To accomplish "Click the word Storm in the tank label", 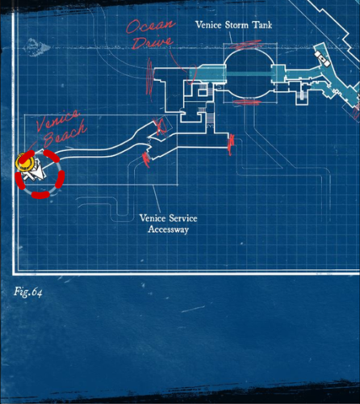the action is pyautogui.click(x=237, y=25).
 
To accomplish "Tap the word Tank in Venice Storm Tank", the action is pyautogui.click(x=262, y=25).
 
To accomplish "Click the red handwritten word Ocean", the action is pyautogui.click(x=151, y=26).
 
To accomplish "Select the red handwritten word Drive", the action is pyautogui.click(x=153, y=43).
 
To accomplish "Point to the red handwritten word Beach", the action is pyautogui.click(x=65, y=134).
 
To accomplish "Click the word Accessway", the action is pyautogui.click(x=168, y=229).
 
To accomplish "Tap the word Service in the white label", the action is pyautogui.click(x=182, y=218).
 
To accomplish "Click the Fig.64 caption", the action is pyautogui.click(x=28, y=292).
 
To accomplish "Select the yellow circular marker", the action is pyautogui.click(x=24, y=162).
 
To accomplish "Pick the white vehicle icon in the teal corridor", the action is pyautogui.click(x=322, y=59).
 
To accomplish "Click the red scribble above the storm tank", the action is pyautogui.click(x=248, y=44).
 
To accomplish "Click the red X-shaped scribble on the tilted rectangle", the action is pyautogui.click(x=161, y=126).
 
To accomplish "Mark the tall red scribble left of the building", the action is pyautogui.click(x=149, y=77).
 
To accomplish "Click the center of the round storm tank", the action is pyautogui.click(x=249, y=74).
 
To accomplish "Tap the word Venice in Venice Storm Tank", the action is pyautogui.click(x=208, y=25).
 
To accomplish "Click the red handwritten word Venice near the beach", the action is pyautogui.click(x=58, y=120).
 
